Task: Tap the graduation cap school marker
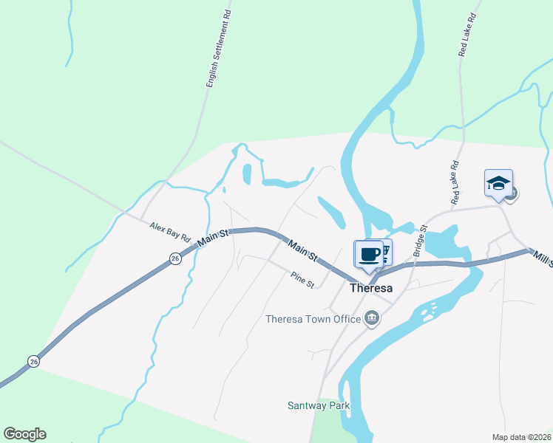coord(498,183)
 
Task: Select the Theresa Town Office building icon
coord(372,318)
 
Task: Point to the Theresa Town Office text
coord(314,319)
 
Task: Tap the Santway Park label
coord(318,405)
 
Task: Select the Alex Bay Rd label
coord(170,233)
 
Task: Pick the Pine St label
coord(302,280)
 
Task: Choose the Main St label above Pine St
coord(302,251)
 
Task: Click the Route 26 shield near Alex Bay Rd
coord(174,258)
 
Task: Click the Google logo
coord(24,434)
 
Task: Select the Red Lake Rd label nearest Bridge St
coord(455,183)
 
